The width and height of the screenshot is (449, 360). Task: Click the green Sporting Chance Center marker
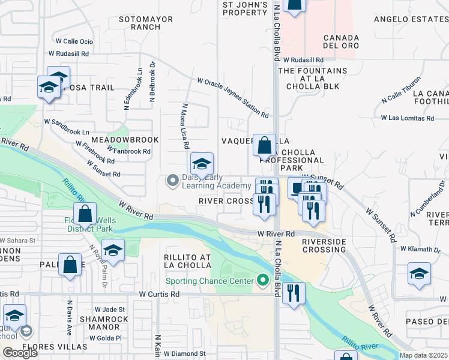click(x=262, y=280)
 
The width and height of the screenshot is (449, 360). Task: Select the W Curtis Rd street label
click(x=159, y=294)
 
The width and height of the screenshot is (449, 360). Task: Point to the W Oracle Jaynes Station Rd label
click(x=232, y=97)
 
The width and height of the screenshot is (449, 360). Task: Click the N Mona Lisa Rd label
click(x=185, y=126)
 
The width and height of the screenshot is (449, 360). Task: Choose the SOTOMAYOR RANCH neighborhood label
click(x=146, y=23)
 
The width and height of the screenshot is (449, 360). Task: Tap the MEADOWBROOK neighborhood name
click(x=124, y=140)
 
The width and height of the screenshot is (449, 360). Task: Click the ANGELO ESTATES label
click(x=411, y=19)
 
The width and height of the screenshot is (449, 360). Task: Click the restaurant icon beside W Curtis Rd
click(x=293, y=293)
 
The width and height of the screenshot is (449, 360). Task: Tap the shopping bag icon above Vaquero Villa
click(x=264, y=145)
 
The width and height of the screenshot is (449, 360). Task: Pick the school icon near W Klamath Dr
click(x=420, y=275)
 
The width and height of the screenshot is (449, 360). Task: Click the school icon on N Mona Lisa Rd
click(x=202, y=163)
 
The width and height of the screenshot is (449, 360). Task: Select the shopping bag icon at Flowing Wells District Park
click(x=85, y=214)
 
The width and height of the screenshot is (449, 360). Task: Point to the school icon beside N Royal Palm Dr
click(x=113, y=250)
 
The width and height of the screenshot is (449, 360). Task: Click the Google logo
click(x=20, y=353)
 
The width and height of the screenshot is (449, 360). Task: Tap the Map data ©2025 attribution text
click(x=423, y=355)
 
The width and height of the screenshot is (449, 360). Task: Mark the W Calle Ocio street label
click(x=74, y=41)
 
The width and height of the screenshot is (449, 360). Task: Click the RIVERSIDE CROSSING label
click(x=324, y=245)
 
